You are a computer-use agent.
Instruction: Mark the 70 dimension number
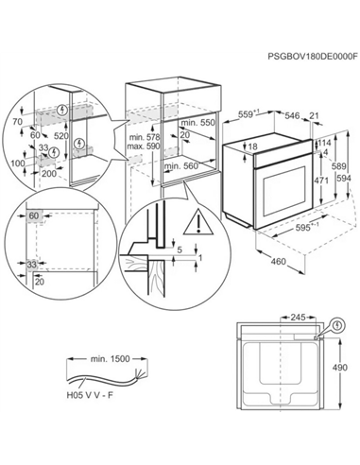[18, 122]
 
